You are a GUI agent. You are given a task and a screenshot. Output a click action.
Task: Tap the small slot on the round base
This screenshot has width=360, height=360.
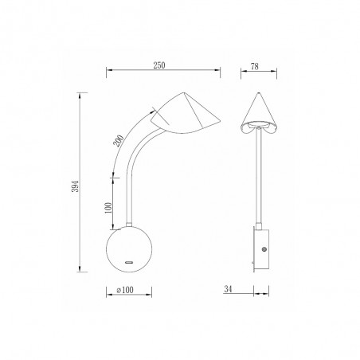point(129,262)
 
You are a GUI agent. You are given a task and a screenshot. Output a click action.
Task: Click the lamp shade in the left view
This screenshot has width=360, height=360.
point(185,114)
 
